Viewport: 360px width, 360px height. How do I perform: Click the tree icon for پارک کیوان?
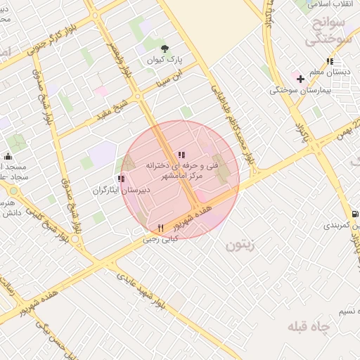[x=165, y=49]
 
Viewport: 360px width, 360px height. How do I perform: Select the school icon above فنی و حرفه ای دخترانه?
[x=181, y=155]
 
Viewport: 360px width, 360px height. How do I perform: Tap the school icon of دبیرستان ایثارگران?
[x=121, y=179]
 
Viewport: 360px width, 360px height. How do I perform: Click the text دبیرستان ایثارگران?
[x=116, y=191]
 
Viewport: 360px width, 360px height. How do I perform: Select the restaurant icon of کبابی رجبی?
[x=161, y=228]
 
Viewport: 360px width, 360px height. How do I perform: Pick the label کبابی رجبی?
[x=161, y=238]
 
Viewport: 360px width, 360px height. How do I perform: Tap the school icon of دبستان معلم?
[x=330, y=63]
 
